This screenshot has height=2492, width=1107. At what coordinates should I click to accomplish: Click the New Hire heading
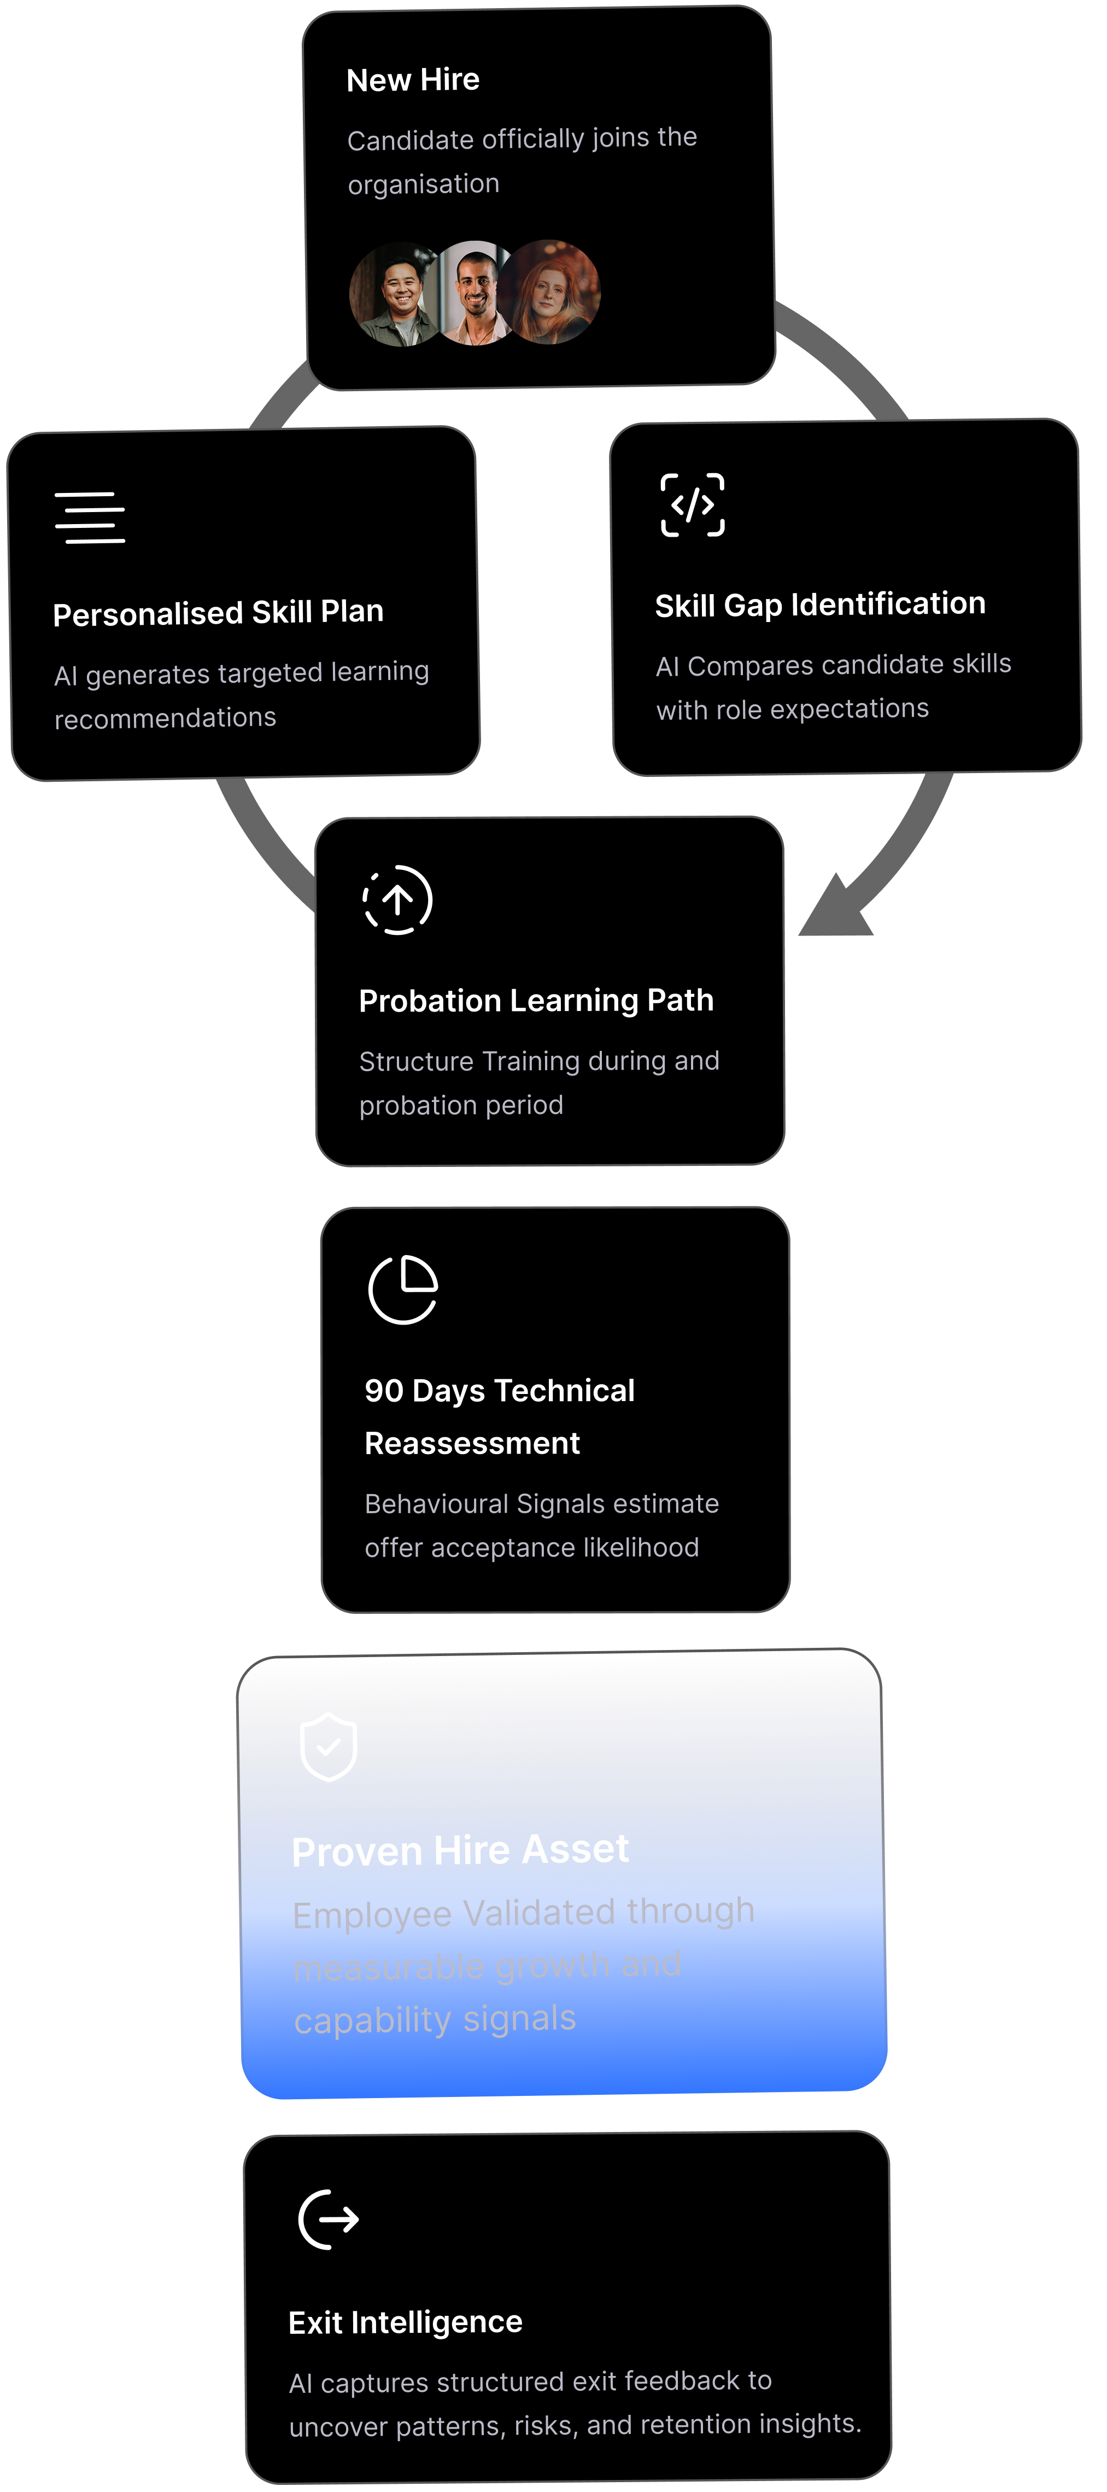tap(413, 79)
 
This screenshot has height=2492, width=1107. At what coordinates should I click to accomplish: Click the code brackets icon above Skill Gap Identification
tap(692, 505)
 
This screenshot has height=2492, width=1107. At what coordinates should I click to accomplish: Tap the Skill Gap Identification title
tap(820, 605)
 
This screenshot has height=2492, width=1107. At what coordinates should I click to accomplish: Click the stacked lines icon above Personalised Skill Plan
tap(90, 518)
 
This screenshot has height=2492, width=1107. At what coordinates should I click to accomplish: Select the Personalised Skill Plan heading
tap(219, 612)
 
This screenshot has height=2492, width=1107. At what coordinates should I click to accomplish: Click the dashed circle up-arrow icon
tap(397, 899)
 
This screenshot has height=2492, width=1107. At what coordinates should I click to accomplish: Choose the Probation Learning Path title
tap(536, 1000)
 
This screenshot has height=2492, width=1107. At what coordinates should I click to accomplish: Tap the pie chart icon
tap(403, 1289)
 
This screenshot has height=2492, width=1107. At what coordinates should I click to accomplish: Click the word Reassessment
tap(472, 1443)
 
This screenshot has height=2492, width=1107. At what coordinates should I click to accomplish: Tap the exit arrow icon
tap(329, 2219)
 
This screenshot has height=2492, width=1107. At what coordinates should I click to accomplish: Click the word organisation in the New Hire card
tap(424, 184)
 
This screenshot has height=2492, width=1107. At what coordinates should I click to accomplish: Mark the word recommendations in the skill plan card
tap(165, 718)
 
